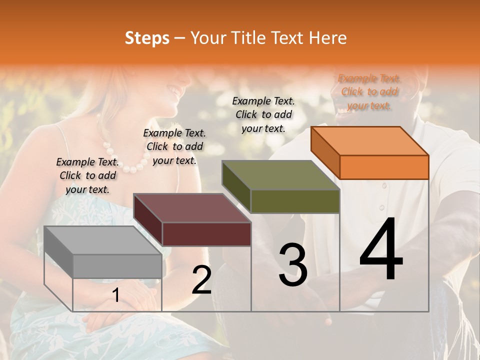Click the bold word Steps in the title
147,38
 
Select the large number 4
381,250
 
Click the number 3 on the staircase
293,265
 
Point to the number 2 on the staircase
201,280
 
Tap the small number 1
116,295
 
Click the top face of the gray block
103,240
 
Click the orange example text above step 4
369,91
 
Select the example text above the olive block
263,114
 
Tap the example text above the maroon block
174,146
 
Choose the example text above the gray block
87,175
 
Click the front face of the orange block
384,167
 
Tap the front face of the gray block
117,266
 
